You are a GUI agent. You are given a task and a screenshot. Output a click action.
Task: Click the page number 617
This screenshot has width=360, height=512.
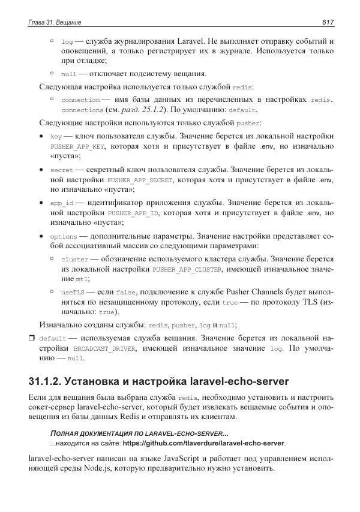pyautogui.click(x=327, y=22)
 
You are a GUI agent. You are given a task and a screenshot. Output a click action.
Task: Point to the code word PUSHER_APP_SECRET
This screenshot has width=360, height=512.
pyautogui.click(x=139, y=180)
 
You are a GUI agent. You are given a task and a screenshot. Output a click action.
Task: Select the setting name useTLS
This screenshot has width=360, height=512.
pyautogui.click(x=73, y=291)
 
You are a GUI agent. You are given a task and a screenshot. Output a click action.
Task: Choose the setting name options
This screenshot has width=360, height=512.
pyautogui.click(x=63, y=236)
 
